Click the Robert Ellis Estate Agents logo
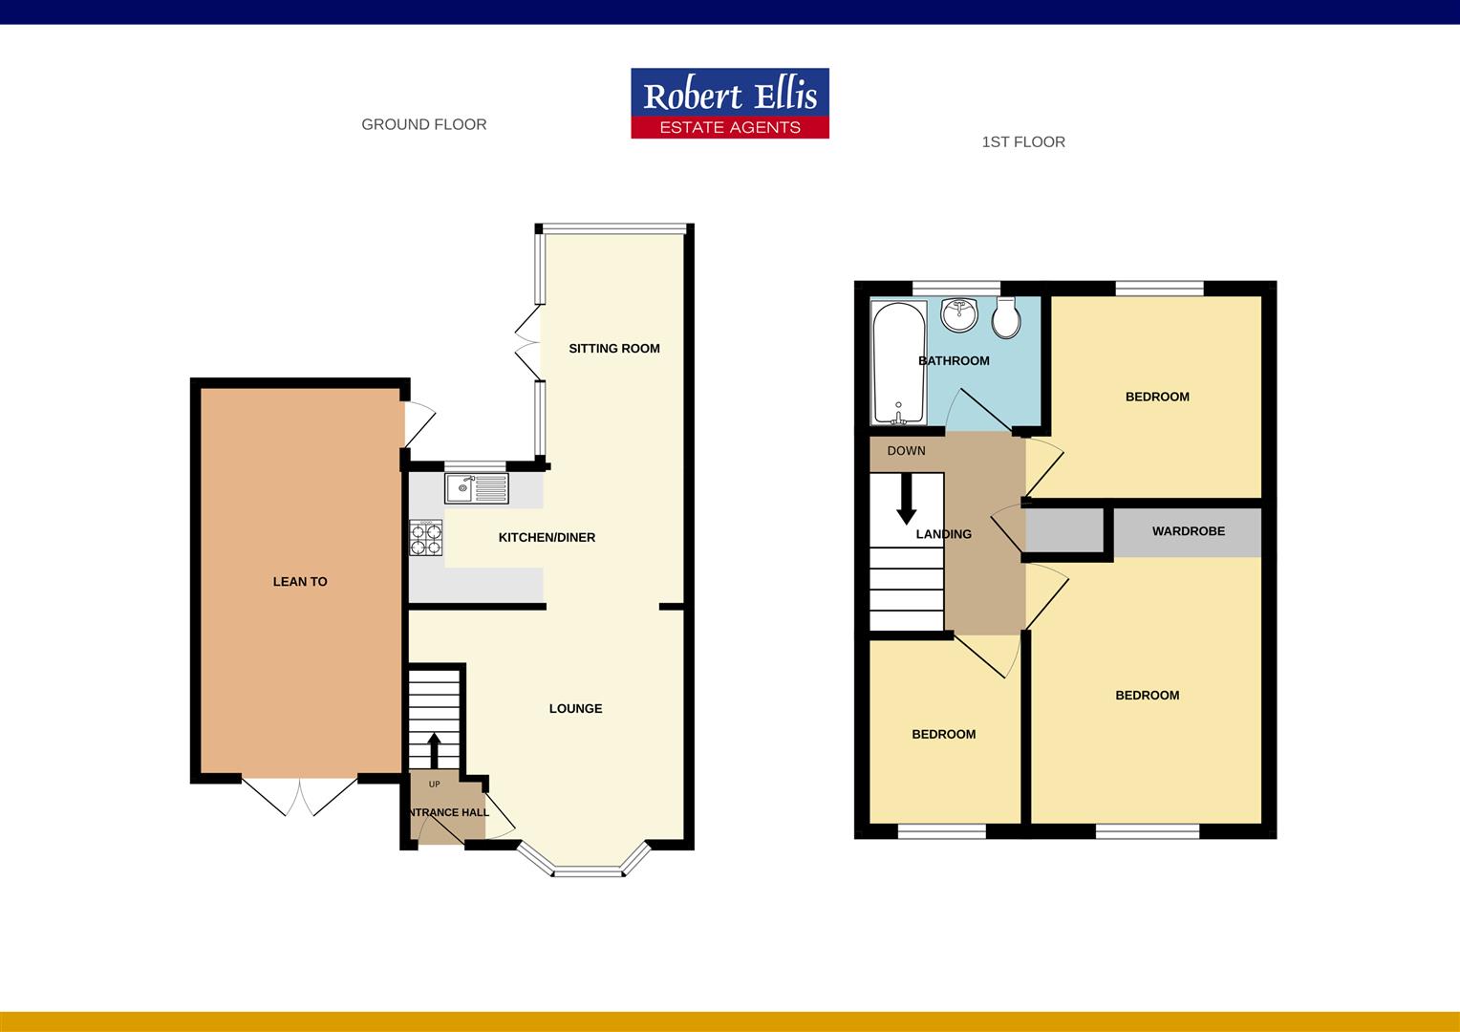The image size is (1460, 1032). [x=729, y=103]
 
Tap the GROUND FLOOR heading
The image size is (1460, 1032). [x=423, y=124]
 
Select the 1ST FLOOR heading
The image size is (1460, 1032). [x=1022, y=142]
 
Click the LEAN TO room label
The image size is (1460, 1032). [x=300, y=581]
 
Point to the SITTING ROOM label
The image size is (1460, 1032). [x=613, y=349]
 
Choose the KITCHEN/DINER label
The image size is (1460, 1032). [x=547, y=538]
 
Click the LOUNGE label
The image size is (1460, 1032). [x=575, y=709]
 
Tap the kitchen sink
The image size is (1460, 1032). [x=477, y=489]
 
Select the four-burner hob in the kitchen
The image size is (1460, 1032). [x=426, y=538]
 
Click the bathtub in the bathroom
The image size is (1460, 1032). [x=897, y=363]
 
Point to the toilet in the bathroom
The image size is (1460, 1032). [x=1005, y=319]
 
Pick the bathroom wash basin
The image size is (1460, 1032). [x=958, y=313]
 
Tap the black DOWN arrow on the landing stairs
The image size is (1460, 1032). [x=906, y=500]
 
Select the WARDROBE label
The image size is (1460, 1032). [x=1188, y=531]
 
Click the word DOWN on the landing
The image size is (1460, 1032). [x=906, y=451]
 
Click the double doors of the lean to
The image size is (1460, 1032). [x=300, y=795]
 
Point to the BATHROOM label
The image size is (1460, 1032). [x=954, y=361]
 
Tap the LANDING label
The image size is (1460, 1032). [x=944, y=534]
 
